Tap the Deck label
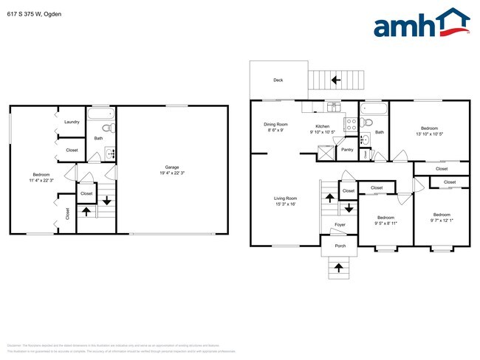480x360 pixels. (278, 80)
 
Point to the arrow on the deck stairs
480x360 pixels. (335, 80)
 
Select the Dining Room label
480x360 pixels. (275, 125)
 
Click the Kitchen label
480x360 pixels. (322, 125)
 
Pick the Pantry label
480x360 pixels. (346, 150)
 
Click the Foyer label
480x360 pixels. (340, 224)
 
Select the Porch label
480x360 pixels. (340, 246)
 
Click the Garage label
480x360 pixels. (172, 167)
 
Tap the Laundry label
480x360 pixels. (72, 122)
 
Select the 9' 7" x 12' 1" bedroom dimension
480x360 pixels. (441, 221)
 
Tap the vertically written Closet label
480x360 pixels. (68, 213)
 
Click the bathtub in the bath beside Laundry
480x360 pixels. (100, 114)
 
